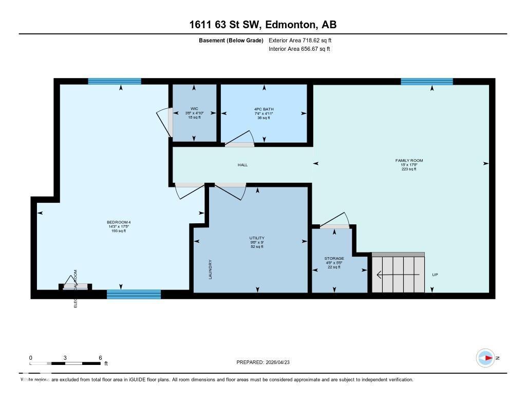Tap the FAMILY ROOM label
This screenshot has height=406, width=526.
click(x=409, y=161)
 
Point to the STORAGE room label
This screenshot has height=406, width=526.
click(x=334, y=259)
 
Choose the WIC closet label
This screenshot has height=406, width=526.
click(x=194, y=109)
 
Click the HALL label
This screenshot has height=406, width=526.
click(x=242, y=165)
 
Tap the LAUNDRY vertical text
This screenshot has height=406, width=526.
click(x=211, y=269)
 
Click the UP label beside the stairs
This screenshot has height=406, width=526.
click(x=435, y=275)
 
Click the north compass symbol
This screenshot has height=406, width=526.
click(x=485, y=358)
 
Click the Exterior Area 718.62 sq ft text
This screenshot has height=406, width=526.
click(x=304, y=40)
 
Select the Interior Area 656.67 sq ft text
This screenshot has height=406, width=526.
click(x=299, y=49)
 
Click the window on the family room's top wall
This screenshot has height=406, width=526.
click(x=426, y=81)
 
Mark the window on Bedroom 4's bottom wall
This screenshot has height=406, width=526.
click(x=134, y=294)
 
